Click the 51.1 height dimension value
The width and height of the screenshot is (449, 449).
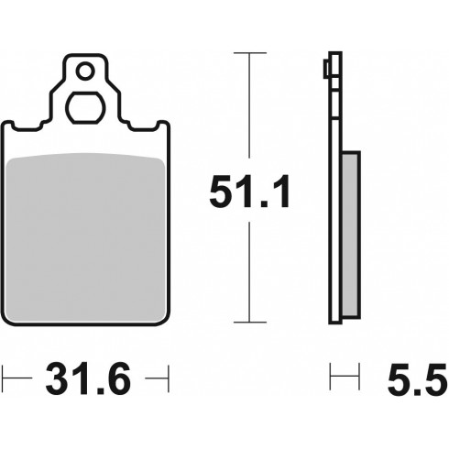coord(249,192)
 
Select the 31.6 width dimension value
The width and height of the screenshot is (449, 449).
coord(88,378)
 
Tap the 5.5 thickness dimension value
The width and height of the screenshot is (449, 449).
coord(418,379)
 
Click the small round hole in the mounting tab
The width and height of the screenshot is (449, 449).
coord(85,71)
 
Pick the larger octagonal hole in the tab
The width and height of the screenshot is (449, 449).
coord(85,108)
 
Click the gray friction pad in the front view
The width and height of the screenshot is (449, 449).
coord(86,237)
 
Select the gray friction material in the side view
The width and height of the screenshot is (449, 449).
coord(350,235)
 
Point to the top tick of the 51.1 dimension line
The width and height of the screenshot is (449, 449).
coord(250,53)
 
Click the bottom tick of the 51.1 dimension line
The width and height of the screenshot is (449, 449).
coord(250,322)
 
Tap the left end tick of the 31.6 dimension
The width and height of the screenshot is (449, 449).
coord(2,378)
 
